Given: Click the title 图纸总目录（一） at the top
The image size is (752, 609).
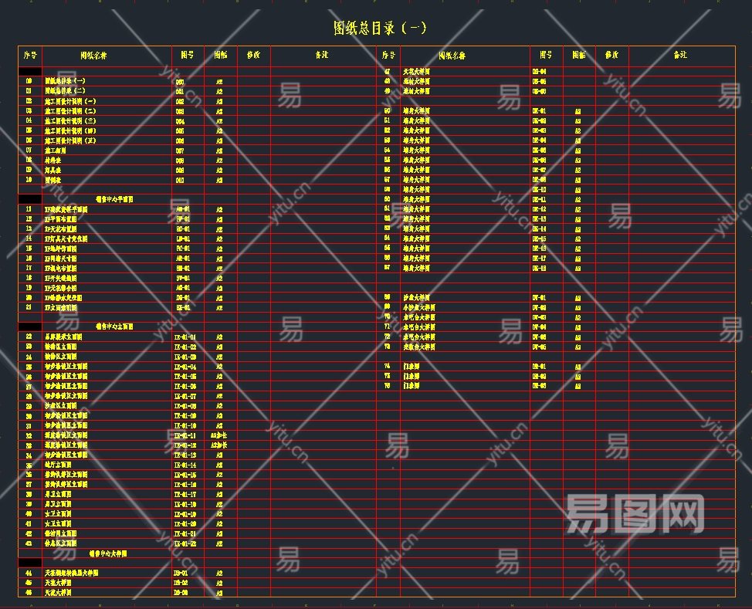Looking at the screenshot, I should [x=380, y=29].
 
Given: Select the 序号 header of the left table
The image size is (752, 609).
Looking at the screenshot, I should [x=30, y=56].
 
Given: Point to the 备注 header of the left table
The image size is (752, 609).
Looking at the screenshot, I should [x=323, y=56].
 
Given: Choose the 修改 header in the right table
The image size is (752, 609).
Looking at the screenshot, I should [x=611, y=56].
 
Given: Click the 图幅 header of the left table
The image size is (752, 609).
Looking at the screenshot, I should [x=220, y=56].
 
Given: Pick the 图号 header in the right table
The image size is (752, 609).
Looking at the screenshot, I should [x=546, y=56].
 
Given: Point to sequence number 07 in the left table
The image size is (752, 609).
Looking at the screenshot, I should [x=29, y=151].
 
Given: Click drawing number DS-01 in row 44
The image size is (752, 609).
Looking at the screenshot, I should [x=181, y=573].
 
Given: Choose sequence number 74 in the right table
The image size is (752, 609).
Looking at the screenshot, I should [x=388, y=366].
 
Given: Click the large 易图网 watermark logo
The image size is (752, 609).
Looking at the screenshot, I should [x=635, y=514].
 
